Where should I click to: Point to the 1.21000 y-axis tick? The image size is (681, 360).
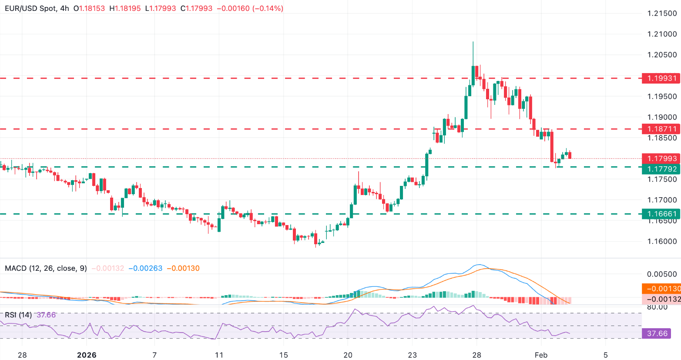tap(662, 34)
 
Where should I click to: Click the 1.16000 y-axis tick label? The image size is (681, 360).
tap(662, 242)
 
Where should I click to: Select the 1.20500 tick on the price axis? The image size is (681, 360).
tap(662, 55)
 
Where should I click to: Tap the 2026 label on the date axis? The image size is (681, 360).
tap(86, 355)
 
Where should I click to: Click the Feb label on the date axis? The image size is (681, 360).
tap(541, 355)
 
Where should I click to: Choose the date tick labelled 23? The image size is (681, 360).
tap(412, 355)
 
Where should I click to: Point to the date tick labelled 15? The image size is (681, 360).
tap(283, 355)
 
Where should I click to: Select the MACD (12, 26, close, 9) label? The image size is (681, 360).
tap(46, 268)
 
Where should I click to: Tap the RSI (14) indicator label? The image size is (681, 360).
tap(18, 315)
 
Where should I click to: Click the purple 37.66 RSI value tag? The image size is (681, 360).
tap(657, 333)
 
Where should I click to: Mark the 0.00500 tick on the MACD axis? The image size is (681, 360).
tap(662, 274)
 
